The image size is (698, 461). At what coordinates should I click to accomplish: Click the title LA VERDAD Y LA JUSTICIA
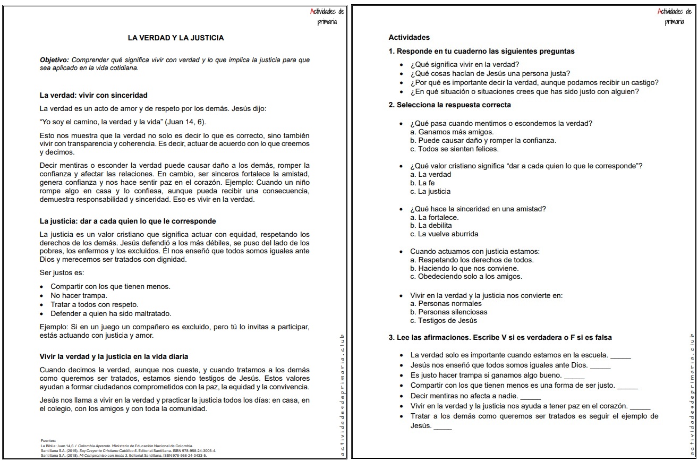[175, 38]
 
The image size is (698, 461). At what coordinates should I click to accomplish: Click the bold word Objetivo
[54, 60]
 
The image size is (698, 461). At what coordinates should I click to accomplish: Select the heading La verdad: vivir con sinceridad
[93, 95]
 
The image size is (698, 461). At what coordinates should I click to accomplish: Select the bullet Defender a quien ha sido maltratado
[110, 313]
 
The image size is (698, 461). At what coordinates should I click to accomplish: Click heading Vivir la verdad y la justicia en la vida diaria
[114, 356]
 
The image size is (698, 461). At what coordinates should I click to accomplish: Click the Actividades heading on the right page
[409, 38]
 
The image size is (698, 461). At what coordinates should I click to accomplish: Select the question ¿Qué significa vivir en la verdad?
[457, 64]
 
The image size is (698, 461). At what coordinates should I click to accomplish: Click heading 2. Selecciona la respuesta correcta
[449, 105]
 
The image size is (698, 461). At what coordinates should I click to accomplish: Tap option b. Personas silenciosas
[448, 312]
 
